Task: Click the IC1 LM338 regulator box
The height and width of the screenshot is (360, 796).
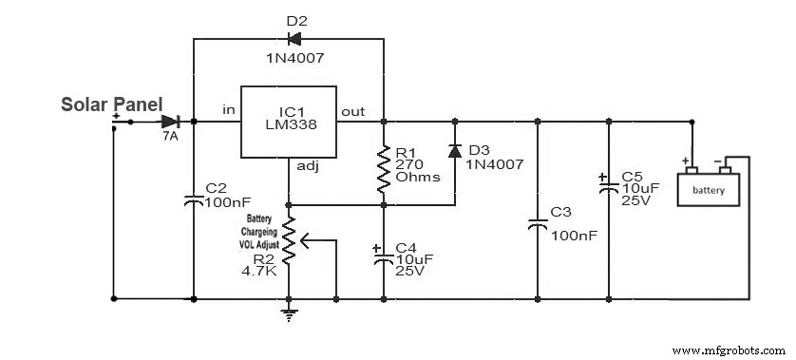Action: coord(290,122)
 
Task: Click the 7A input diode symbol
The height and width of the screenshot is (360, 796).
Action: coord(171,122)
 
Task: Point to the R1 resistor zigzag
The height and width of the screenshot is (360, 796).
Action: coord(383,167)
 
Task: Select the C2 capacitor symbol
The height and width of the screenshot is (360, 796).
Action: coord(193,200)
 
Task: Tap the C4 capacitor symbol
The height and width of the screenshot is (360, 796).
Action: coord(383,259)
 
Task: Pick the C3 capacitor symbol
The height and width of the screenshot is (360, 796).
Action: coord(538,226)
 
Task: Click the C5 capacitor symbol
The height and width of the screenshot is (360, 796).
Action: coord(608,187)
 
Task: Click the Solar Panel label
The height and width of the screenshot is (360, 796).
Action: coord(112,104)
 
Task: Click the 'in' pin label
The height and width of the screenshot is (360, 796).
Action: coord(229,109)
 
